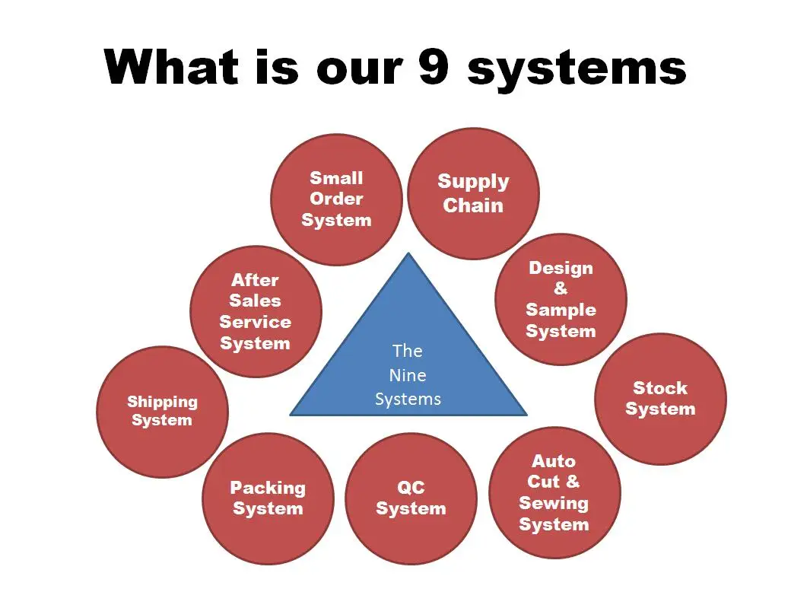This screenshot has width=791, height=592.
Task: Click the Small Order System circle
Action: pyautogui.click(x=336, y=199)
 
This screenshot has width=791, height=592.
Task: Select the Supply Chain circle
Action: pyautogui.click(x=473, y=193)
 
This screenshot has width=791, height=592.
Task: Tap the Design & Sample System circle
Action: pyautogui.click(x=561, y=299)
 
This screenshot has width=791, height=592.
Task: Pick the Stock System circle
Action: pyautogui.click(x=660, y=399)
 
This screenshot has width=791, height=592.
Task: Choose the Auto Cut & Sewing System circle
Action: pyautogui.click(x=554, y=492)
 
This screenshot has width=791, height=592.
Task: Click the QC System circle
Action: pyautogui.click(x=411, y=498)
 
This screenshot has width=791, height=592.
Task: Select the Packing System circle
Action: pyautogui.click(x=268, y=498)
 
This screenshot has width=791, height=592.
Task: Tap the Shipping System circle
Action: pyautogui.click(x=162, y=411)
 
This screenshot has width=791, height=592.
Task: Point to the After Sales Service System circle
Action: pyautogui.click(x=256, y=311)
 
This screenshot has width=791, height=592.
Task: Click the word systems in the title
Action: pyautogui.click(x=578, y=68)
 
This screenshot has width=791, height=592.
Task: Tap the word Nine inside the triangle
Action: pyautogui.click(x=408, y=375)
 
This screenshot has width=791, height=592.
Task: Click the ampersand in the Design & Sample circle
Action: pyautogui.click(x=561, y=288)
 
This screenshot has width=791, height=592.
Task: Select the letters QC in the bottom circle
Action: pyautogui.click(x=411, y=488)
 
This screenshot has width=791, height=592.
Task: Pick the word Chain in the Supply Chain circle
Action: pyautogui.click(x=473, y=205)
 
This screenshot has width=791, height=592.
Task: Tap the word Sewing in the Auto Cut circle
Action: pyautogui.click(x=554, y=503)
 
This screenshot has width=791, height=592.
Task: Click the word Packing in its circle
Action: pyautogui.click(x=268, y=488)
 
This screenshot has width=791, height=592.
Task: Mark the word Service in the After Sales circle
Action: pyautogui.click(x=256, y=322)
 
